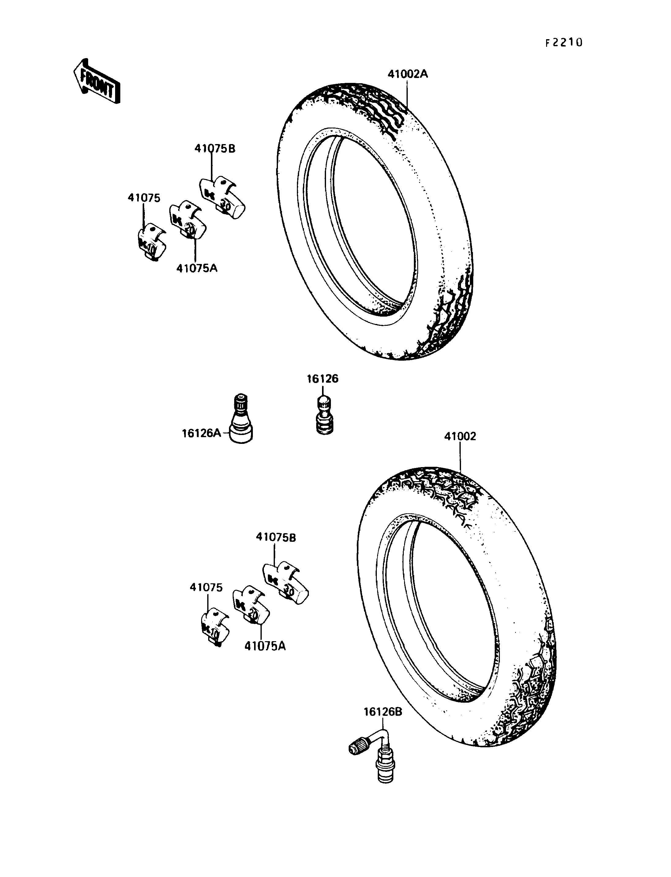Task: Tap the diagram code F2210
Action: coord(564,43)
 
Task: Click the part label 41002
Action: coord(460,436)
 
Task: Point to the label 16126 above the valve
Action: coord(322,379)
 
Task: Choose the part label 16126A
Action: coord(202,433)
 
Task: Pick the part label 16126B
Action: coord(383,712)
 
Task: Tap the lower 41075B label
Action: coord(276,538)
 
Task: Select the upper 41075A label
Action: coord(197,268)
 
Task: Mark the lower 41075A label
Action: coord(265,646)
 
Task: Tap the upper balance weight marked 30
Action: coord(222,197)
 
